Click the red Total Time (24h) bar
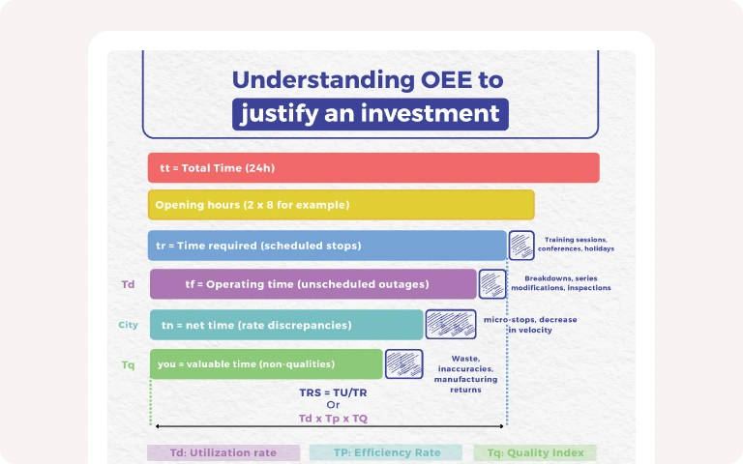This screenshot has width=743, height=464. [x=373, y=167]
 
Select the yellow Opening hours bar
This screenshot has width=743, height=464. [x=342, y=205]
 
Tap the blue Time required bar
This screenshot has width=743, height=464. [x=327, y=246]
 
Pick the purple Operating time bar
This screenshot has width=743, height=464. [x=313, y=284]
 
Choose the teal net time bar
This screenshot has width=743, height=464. [x=286, y=325]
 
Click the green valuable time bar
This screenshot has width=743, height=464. [x=266, y=364]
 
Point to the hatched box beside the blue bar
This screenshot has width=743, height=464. [x=521, y=246]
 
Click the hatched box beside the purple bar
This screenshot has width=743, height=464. [x=492, y=284]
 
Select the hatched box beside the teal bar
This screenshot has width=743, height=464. [x=451, y=325]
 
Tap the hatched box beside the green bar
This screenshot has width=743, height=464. [x=403, y=363]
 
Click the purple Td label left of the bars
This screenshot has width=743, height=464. [x=128, y=284]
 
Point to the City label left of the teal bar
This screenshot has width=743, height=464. [x=128, y=325]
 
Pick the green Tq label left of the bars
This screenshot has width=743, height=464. [x=128, y=365]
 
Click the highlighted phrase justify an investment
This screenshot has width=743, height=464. [x=371, y=114]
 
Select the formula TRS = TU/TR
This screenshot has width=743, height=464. [x=333, y=392]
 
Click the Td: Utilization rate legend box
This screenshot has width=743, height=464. [x=223, y=452]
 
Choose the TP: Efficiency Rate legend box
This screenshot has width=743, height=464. [x=386, y=452]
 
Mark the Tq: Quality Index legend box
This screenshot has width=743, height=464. [x=535, y=452]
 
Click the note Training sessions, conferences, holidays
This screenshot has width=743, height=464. [x=576, y=244]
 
